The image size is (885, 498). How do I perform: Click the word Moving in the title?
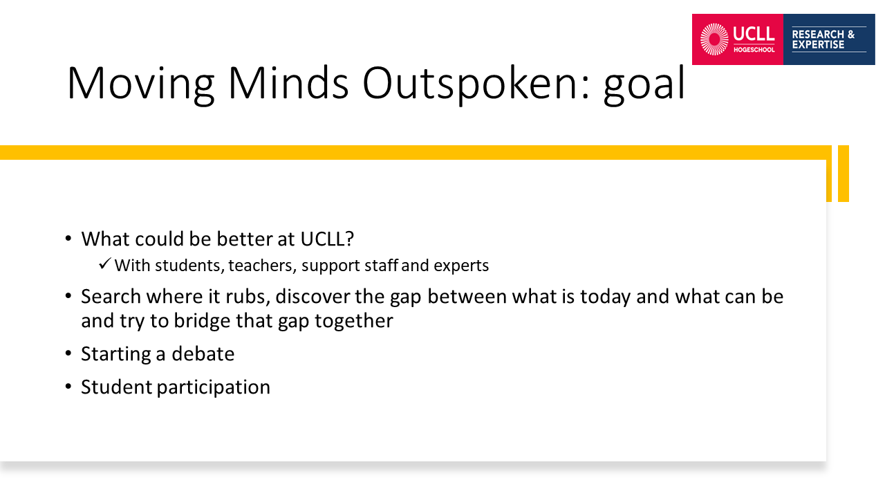tap(140, 84)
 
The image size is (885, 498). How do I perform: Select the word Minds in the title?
tap(288, 82)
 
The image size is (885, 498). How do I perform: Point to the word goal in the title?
tap(644, 84)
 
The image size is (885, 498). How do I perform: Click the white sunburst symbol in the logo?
tap(714, 39)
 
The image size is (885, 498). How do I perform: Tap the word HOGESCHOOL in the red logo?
tap(754, 50)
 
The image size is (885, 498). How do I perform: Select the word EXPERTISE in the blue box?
tap(818, 45)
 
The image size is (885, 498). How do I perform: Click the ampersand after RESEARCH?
tap(851, 35)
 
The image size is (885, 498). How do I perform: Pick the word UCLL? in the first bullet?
tap(327, 239)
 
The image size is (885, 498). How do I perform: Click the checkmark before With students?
tap(104, 264)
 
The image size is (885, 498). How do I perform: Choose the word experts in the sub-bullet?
tap(461, 266)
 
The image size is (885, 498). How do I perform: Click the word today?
tap(605, 297)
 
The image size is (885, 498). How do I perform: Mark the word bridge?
tap(203, 321)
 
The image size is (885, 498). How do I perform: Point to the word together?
tap(354, 321)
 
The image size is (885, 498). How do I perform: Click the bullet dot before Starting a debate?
tap(68, 353)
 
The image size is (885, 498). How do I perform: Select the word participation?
tap(214, 387)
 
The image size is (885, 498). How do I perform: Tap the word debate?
tap(203, 353)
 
